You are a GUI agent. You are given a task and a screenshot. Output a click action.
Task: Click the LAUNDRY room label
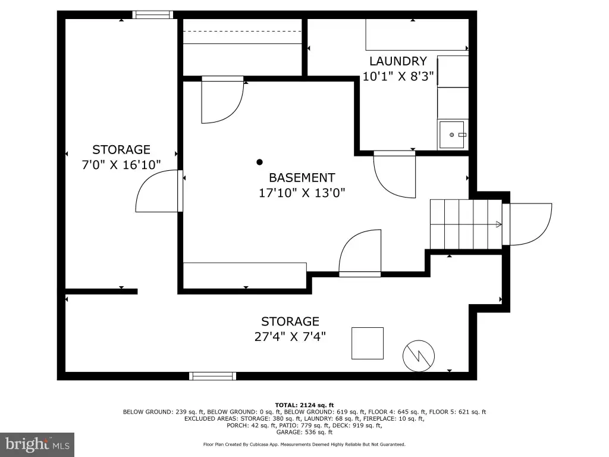point(398,61)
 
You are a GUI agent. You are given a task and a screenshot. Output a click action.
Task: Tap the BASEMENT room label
point(302,177)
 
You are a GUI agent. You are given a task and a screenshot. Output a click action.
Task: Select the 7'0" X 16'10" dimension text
point(121,165)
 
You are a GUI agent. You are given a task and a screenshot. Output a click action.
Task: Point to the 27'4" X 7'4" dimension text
point(290,336)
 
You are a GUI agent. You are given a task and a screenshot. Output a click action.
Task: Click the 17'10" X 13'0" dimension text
point(302,193)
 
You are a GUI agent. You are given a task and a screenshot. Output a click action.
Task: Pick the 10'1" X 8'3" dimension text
point(398,76)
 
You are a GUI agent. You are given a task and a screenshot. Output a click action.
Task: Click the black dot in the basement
point(259,162)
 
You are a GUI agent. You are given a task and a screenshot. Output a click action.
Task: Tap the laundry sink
point(452,135)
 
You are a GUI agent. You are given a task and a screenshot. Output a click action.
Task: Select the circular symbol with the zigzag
point(419,356)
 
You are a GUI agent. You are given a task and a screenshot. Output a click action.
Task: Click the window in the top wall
point(153,15)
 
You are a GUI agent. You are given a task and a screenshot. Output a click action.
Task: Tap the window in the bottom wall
point(212,376)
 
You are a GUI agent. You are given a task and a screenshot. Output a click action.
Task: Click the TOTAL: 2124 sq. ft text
point(304,405)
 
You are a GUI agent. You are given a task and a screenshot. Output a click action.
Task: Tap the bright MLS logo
point(37,445)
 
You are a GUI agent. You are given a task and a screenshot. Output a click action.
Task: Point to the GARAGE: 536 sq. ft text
point(304,432)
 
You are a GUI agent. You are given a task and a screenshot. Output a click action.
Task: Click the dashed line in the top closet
point(243,31)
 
